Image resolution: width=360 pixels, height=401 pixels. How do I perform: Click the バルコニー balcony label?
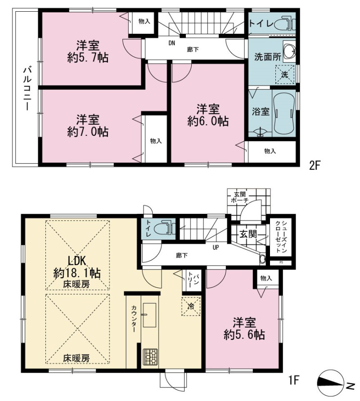(26, 88)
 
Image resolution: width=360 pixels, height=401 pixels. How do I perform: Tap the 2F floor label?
(315, 166)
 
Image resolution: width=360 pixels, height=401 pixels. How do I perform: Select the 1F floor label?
(294, 380)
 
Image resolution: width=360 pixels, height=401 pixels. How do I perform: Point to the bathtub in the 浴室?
(283, 113)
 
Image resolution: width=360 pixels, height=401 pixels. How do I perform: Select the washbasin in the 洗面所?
(289, 52)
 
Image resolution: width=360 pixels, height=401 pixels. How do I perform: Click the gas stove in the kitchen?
(150, 356)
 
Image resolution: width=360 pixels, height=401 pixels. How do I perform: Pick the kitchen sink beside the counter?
(149, 315)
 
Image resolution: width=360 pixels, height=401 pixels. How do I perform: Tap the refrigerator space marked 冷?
(191, 306)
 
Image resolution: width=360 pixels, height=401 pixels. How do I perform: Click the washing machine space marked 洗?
(285, 75)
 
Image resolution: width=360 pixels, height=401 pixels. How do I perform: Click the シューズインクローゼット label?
(281, 237)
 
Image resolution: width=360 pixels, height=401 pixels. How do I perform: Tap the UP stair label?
(216, 248)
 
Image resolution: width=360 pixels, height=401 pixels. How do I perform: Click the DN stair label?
(171, 43)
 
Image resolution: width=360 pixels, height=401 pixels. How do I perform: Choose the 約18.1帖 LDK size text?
(76, 273)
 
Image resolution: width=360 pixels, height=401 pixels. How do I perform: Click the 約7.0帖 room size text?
(88, 132)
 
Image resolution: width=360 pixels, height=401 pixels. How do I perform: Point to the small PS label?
(281, 262)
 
